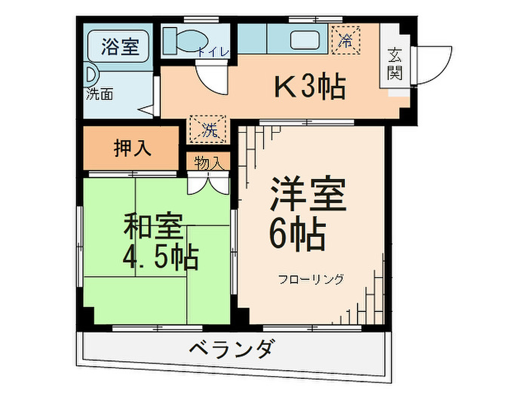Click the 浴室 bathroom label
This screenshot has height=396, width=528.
click(120, 46)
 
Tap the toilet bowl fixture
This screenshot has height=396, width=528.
click(185, 41)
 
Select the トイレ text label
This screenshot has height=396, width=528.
click(213, 52)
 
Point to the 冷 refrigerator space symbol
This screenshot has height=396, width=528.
click(346, 40)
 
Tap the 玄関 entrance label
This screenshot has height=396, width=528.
click(395, 64)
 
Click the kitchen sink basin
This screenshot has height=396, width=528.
click(305, 40)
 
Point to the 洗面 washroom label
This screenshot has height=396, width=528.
click(100, 94)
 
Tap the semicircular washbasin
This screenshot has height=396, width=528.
click(92, 74)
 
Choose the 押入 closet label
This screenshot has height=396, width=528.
click(132, 148)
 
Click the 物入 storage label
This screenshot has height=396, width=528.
click(208, 164)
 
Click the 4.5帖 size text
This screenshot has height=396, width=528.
click(161, 257)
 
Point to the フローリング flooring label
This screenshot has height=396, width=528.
click(311, 279)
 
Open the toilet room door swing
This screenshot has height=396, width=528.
click(212, 77)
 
